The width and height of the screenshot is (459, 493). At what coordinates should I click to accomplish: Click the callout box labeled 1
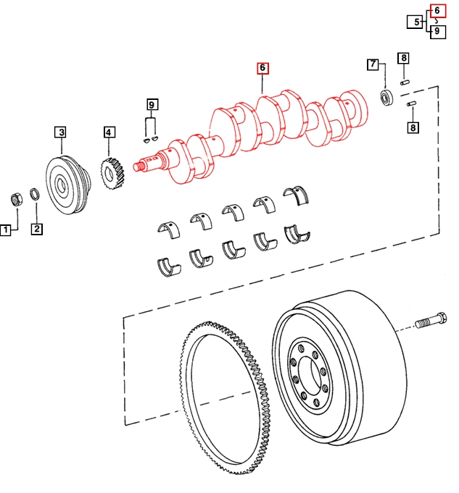click(x=5, y=229)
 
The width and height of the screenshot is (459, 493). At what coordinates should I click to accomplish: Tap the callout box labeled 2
click(x=37, y=229)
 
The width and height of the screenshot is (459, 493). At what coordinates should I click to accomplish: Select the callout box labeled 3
click(x=61, y=132)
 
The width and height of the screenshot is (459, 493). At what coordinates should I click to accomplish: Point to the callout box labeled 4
click(x=109, y=132)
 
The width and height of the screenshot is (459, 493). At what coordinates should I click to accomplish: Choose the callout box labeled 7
click(x=373, y=64)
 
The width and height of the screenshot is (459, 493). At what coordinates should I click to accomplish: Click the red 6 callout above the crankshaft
click(x=262, y=68)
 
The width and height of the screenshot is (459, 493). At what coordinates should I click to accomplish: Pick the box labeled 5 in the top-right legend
click(x=415, y=22)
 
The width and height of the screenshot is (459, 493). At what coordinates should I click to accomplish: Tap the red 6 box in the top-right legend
click(x=438, y=11)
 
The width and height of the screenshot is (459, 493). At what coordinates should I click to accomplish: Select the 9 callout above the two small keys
click(x=152, y=104)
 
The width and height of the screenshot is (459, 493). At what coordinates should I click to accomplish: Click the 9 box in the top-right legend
click(x=438, y=31)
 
